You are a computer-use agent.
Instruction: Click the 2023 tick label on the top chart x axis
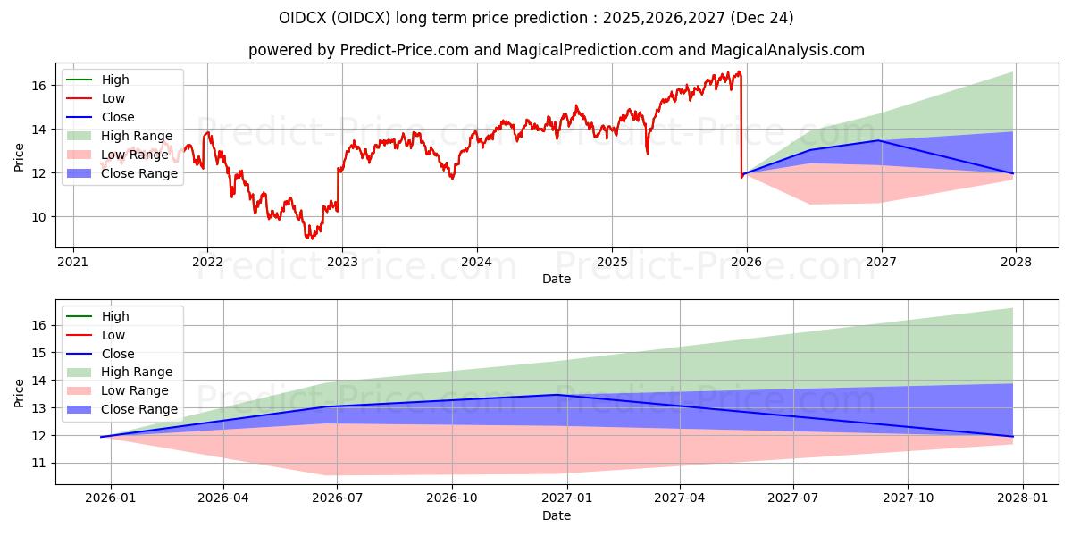[x=342, y=262]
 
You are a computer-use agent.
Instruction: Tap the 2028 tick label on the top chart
[x=1016, y=262]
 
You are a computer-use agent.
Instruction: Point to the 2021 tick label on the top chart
[x=72, y=262]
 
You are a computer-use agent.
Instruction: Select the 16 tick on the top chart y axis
[x=38, y=86]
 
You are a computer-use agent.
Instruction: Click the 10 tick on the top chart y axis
[x=38, y=217]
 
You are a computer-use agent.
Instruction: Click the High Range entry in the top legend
[x=137, y=136]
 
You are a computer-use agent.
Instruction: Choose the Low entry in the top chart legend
[x=113, y=98]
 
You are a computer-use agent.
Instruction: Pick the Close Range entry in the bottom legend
[x=139, y=409]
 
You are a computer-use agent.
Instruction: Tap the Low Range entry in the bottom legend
[x=135, y=390]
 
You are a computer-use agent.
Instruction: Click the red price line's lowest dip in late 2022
[x=309, y=239]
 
